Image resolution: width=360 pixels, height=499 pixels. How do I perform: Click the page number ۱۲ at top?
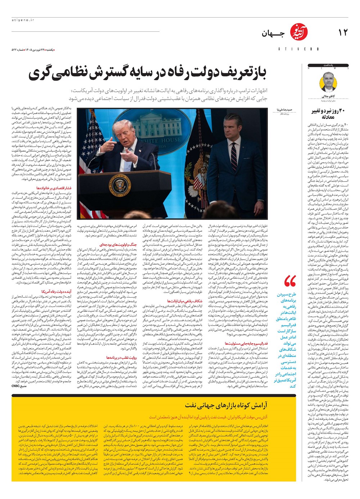point(343,32)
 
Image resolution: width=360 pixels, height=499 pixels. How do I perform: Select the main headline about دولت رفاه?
point(148,73)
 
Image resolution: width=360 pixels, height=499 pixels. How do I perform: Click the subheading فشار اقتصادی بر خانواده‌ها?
point(54,188)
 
